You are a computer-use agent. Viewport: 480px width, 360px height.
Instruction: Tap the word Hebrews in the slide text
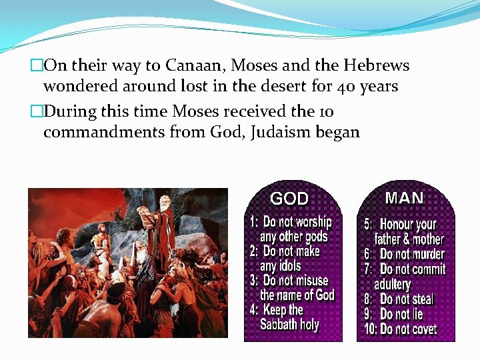coord(376,65)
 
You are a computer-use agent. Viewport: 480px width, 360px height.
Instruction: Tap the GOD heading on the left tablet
coord(289,198)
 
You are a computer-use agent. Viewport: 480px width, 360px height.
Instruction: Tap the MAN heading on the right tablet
coord(404,197)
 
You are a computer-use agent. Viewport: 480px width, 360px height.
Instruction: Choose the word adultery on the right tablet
coord(392,285)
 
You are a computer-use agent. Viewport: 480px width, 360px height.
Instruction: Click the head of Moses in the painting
coord(163,201)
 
